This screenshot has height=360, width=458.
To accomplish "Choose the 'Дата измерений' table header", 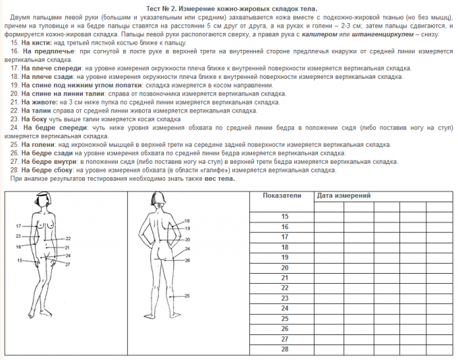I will [x=343, y=196].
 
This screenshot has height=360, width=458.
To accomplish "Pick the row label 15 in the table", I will [x=284, y=216].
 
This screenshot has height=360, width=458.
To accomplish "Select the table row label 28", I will [x=284, y=349].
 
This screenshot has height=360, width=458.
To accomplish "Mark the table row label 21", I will [x=284, y=277].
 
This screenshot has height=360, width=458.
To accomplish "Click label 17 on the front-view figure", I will [x=18, y=225].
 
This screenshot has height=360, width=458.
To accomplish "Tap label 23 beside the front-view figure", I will [x=18, y=236].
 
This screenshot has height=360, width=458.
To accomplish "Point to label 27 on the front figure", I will [x=68, y=265].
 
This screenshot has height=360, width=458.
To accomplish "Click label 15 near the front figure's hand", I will [x=20, y=260].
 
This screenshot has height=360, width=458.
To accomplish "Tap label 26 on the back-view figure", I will [x=187, y=260].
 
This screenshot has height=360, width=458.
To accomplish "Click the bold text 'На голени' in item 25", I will [x=36, y=144].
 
